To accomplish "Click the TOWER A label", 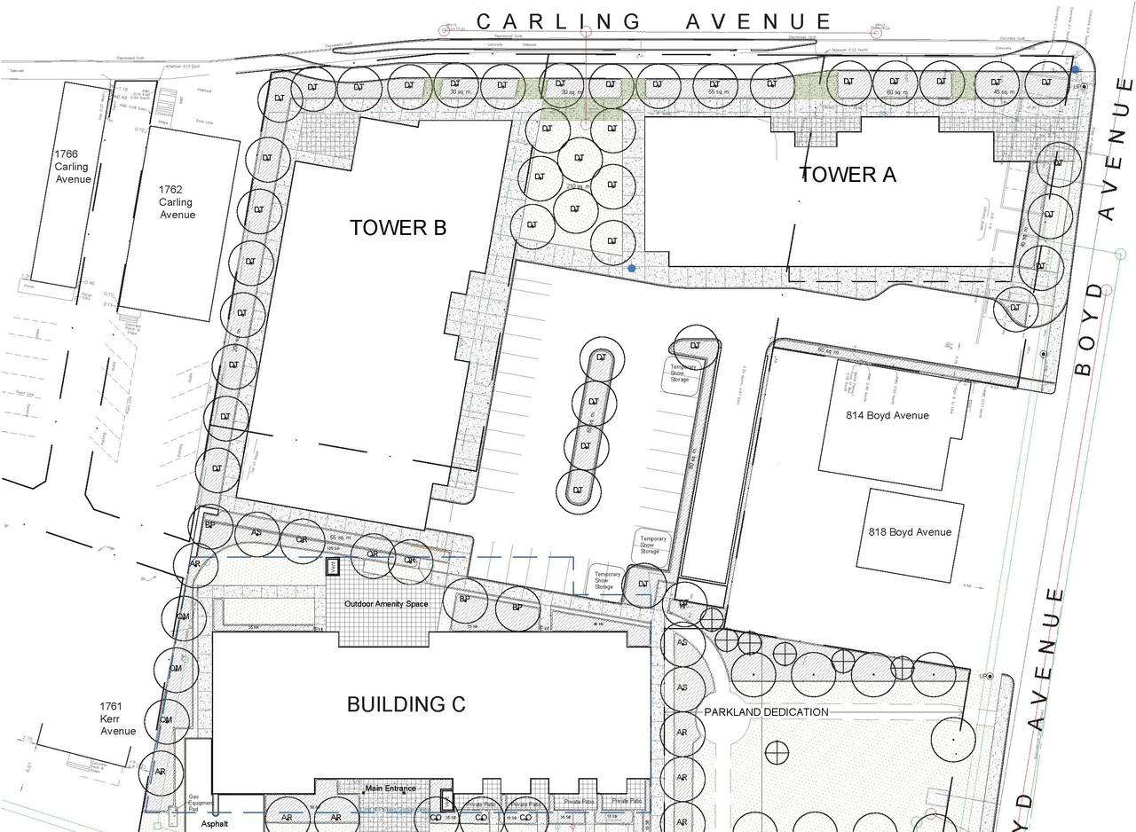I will pos(848,175).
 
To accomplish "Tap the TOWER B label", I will pos(398,228).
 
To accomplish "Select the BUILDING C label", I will pos(406,704).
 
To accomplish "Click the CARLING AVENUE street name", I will pos(654,21).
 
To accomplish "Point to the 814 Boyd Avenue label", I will pos(887,415).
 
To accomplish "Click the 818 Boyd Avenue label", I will pos(909,532).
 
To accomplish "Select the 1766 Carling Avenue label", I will pos(72,167).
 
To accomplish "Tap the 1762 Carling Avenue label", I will pos(177,202).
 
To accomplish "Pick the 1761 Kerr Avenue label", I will pos(118,718).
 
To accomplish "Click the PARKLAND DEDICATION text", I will pos(766,712).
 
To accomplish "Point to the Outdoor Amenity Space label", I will pos(386,604).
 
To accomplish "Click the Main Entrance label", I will pos(390,789).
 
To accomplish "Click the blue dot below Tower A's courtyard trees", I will pos(632,267).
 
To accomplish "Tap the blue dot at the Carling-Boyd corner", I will pos(1076,69).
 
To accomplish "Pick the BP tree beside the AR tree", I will pos(210,525).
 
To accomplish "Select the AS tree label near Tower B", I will pos(256,533).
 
